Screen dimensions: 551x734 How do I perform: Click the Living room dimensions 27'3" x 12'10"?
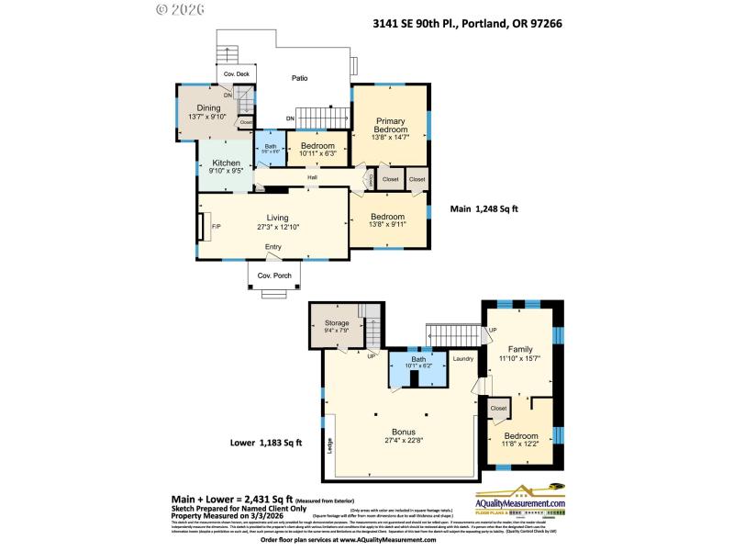(x=272, y=226)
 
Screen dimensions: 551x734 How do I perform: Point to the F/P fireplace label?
(x=217, y=226)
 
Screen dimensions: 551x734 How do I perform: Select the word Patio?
(x=299, y=79)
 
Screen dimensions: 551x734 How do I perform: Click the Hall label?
(x=312, y=178)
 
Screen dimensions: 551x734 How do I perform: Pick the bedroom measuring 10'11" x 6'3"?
(x=317, y=148)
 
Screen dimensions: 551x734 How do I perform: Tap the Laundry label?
(x=463, y=359)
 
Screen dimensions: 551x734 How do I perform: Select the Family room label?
(x=520, y=349)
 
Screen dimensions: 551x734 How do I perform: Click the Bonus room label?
(x=404, y=432)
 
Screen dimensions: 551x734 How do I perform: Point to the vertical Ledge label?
(x=329, y=445)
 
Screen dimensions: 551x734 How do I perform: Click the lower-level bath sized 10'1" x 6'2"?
(x=418, y=361)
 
